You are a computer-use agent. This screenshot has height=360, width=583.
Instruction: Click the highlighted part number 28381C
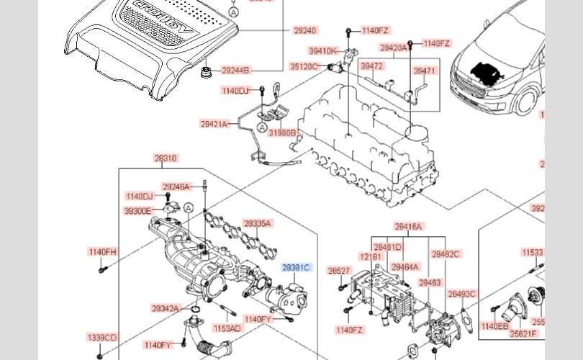click(x=296, y=268)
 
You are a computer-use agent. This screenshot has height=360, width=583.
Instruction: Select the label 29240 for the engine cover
click(x=304, y=31)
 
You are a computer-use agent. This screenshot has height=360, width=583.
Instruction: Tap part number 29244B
click(x=235, y=71)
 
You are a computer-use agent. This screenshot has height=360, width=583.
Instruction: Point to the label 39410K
click(x=323, y=51)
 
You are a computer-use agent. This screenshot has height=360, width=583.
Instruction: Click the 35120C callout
click(x=304, y=66)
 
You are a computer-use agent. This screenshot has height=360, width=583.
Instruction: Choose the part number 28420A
click(x=393, y=48)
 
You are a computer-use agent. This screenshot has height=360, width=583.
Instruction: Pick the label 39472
click(x=371, y=66)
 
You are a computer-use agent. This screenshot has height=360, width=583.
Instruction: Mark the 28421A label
click(x=214, y=124)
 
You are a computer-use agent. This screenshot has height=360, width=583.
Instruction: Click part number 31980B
click(x=282, y=132)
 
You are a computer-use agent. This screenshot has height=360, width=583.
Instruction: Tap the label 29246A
click(x=176, y=187)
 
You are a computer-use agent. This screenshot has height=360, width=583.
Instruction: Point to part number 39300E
click(x=137, y=211)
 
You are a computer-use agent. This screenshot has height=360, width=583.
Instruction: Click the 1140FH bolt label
click(x=102, y=252)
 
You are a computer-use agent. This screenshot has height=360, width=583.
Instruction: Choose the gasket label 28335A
click(x=257, y=223)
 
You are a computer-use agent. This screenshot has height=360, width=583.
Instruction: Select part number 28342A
click(x=165, y=308)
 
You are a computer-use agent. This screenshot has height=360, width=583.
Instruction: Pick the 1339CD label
click(x=101, y=337)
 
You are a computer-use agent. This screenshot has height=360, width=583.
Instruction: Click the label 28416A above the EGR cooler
click(x=408, y=226)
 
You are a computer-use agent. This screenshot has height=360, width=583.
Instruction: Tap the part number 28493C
click(x=462, y=294)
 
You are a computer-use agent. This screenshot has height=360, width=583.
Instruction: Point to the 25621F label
click(x=523, y=333)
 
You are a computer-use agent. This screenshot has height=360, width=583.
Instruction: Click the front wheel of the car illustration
click(x=529, y=102)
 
